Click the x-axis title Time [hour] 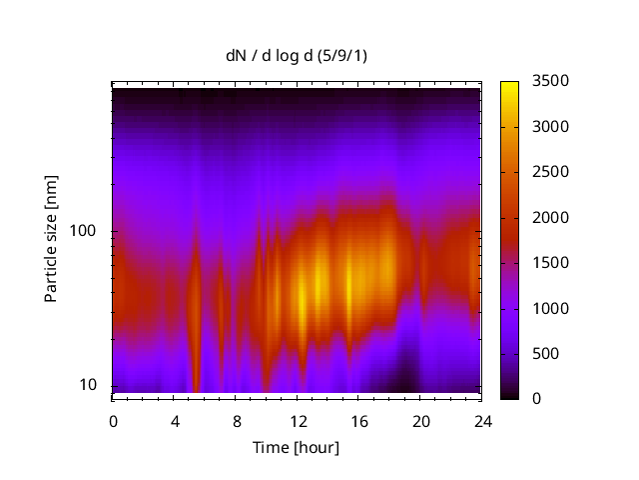pyautogui.click(x=296, y=447)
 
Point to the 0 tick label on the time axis pyautogui.click(x=113, y=420)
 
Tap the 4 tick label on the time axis pyautogui.click(x=175, y=420)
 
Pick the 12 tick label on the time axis pyautogui.click(x=298, y=420)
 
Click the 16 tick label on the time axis pyautogui.click(x=358, y=420)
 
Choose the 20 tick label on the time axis pyautogui.click(x=420, y=420)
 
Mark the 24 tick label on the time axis pyautogui.click(x=482, y=420)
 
